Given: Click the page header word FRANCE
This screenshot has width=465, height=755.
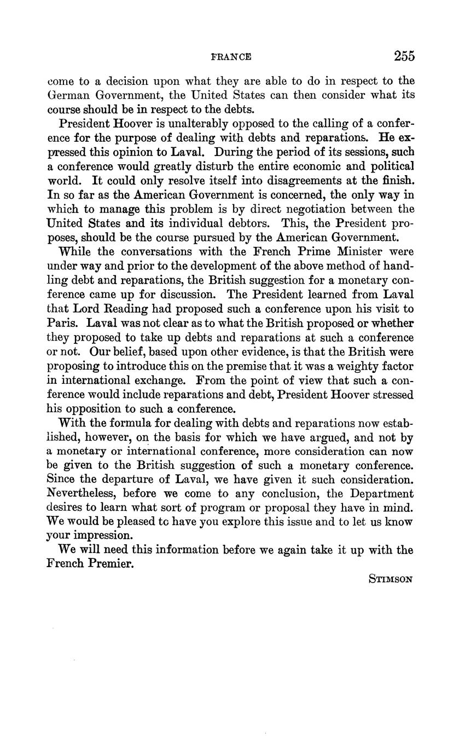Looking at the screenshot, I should [231, 57].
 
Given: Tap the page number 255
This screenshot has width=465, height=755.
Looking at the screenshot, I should [404, 56].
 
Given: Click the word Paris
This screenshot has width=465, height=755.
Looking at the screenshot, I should [61, 323].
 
